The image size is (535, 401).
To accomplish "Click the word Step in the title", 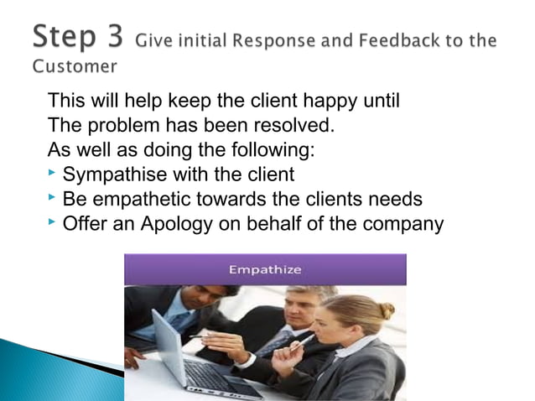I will point(65,38).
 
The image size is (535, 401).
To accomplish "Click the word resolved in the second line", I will point(293,127).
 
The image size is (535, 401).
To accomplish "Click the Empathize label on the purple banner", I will point(265,270).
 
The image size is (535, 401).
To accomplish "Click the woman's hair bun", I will point(387,310).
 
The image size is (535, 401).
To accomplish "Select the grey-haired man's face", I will point(300,308).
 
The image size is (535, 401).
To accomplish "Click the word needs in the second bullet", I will point(394,200).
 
